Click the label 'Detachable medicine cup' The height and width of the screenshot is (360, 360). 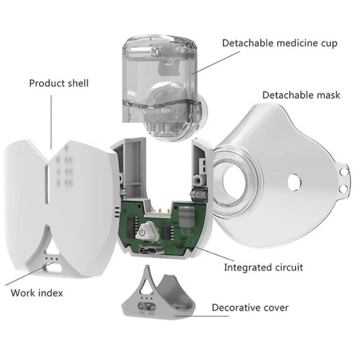coord(280,43)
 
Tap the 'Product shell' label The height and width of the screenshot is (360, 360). coord(59,83)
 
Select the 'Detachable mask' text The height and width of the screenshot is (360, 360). coord(301,95)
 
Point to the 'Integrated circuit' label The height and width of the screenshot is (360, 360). coord(263,267)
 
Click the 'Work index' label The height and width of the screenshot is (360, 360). coord(37,293)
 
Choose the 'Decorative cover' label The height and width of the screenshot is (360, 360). coord(250,308)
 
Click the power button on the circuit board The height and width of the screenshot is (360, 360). coord(144,231)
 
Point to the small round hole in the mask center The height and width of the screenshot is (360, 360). coord(295,182)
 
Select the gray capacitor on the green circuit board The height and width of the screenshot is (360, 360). coord(186,215)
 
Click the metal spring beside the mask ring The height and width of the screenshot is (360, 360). coord(200,194)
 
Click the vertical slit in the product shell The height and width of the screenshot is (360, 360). coord(47,184)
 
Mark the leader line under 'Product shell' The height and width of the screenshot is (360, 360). coord(51,122)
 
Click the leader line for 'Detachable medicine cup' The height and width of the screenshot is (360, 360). coord(215,63)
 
